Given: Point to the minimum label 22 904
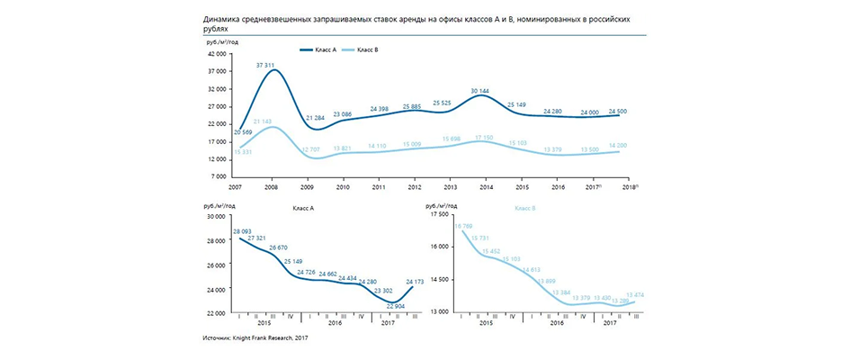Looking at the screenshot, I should coord(397,306).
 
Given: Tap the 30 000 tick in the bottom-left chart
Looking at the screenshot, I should coord(216,216).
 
